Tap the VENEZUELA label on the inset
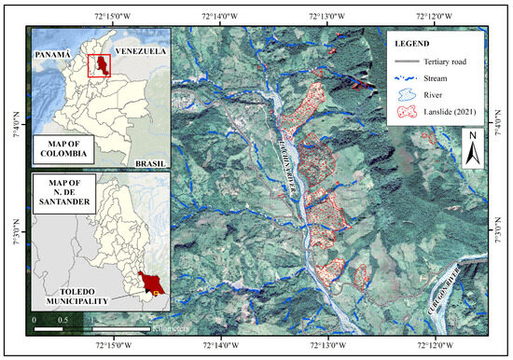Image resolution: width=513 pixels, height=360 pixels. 140,52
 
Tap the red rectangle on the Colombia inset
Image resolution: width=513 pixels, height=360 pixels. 99,66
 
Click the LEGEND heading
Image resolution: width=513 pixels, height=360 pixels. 411,44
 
